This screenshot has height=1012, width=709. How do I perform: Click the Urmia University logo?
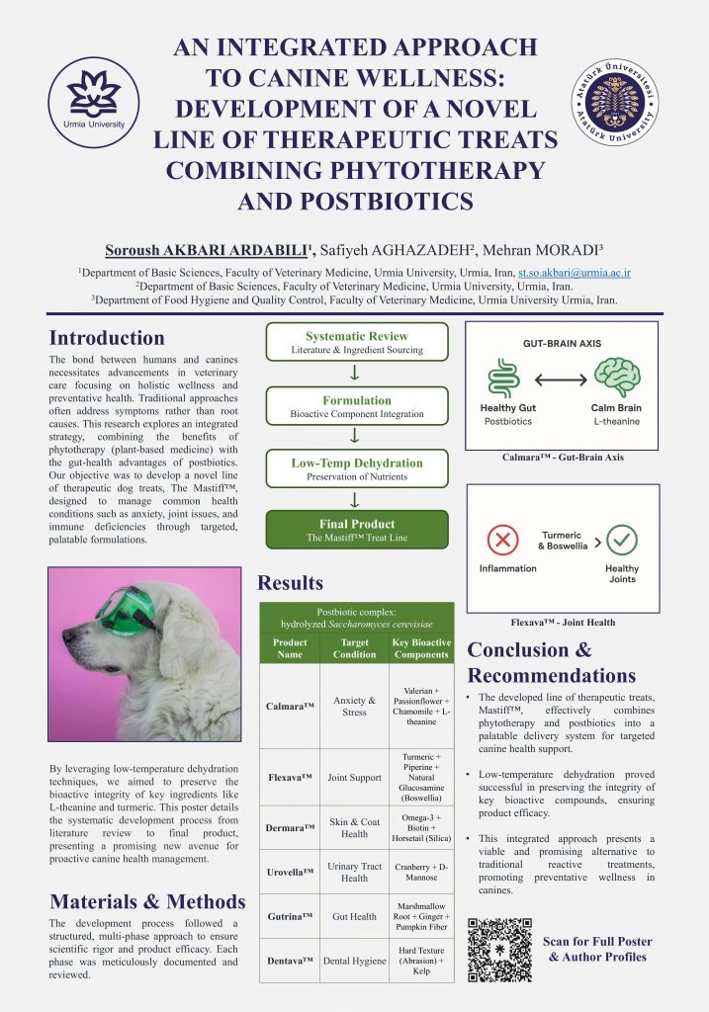(94, 102)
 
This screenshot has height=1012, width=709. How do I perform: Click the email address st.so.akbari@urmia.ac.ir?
(575, 272)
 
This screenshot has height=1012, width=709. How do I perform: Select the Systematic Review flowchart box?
(356, 342)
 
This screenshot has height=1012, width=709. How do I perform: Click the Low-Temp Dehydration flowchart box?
(356, 468)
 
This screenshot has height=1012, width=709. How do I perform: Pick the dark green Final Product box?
(356, 530)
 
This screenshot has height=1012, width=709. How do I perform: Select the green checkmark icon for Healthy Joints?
(622, 540)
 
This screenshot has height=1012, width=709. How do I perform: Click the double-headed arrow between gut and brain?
(562, 377)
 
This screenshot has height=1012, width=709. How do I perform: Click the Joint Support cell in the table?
(354, 778)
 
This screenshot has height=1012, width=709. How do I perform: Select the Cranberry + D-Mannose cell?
(421, 872)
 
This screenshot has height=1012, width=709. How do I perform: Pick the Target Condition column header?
(354, 648)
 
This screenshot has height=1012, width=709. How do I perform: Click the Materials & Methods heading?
(147, 901)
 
